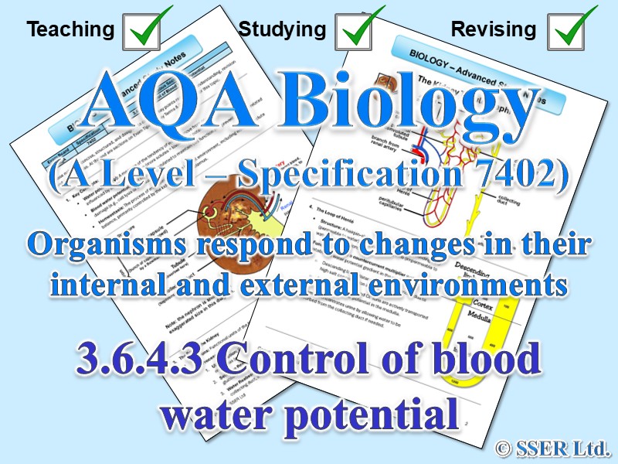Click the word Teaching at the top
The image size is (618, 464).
tap(70, 30)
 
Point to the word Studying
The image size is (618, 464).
tap(282, 30)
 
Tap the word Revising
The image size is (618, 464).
tap(494, 30)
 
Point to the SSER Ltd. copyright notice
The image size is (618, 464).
tap(552, 446)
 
